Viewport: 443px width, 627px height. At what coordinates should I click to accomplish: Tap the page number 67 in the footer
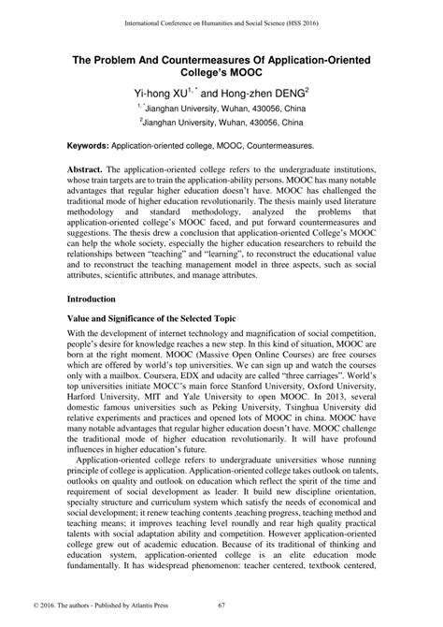pyautogui.click(x=221, y=606)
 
